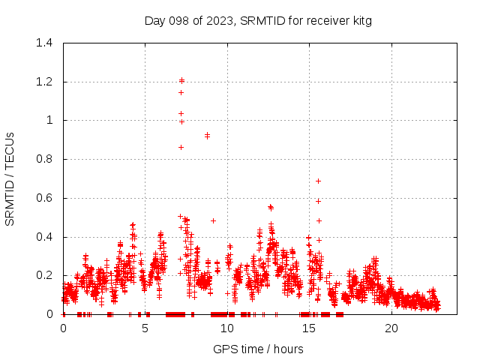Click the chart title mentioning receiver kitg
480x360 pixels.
(x=258, y=21)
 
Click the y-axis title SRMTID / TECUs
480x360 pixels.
(x=10, y=178)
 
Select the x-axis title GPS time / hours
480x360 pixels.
(x=258, y=349)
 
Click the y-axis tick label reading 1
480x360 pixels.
(x=50, y=120)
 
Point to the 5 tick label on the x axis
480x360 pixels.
(x=145, y=328)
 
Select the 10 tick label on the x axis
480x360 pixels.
(x=227, y=328)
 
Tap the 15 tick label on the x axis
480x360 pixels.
(x=309, y=328)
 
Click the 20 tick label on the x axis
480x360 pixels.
(x=391, y=328)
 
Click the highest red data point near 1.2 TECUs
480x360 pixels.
(x=181, y=80)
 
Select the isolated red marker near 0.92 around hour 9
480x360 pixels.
(x=207, y=135)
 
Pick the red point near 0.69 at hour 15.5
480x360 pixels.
(x=318, y=181)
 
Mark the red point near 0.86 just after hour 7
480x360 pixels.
(x=181, y=147)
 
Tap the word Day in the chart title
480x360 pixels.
(x=154, y=21)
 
